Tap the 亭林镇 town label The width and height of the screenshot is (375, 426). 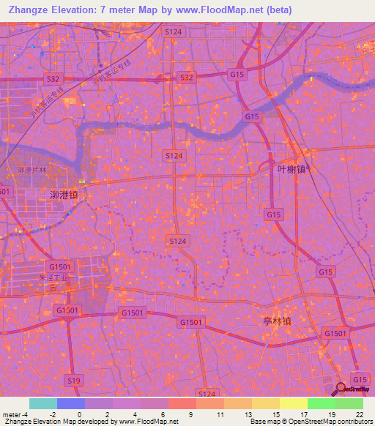(276, 321)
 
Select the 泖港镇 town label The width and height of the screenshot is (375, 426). (64, 196)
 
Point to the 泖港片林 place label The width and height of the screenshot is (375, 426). (31, 171)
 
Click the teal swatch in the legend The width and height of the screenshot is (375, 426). (42, 403)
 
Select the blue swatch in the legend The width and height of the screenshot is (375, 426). (70, 403)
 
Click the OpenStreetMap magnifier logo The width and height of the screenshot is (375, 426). (340, 388)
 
